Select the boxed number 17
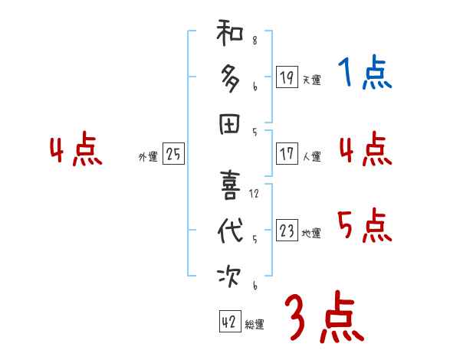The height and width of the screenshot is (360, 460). click(x=287, y=153)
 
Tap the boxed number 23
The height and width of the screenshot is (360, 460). click(x=287, y=231)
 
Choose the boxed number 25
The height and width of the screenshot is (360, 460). click(x=173, y=154)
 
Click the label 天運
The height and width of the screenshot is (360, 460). click(x=311, y=80)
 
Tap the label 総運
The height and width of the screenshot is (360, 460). click(x=255, y=325)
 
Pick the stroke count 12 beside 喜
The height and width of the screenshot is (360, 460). click(x=254, y=194)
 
